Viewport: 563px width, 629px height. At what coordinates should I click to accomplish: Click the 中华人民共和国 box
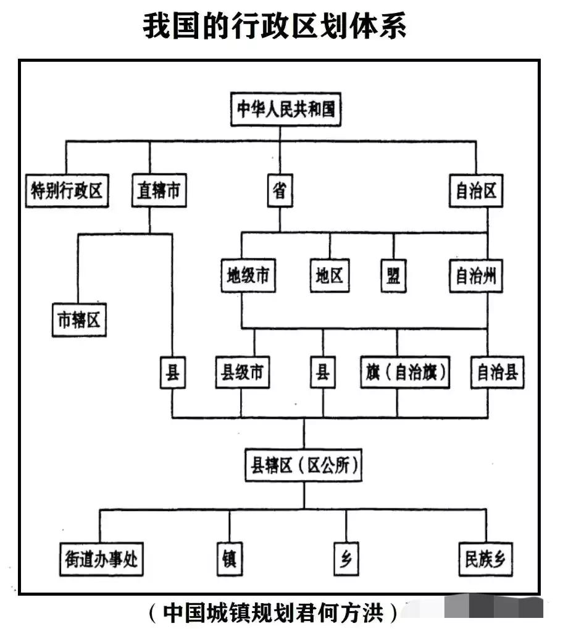pos(286,110)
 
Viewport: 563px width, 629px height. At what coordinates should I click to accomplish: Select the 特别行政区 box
pos(67,191)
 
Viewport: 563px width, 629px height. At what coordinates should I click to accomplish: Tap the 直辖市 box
pos(159,191)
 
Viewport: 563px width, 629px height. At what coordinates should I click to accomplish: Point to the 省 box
pos(280,191)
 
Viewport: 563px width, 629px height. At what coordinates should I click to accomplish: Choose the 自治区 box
pos(476,191)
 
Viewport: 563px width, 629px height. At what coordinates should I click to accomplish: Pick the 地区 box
pos(329,276)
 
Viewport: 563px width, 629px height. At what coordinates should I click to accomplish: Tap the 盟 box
pos(393,276)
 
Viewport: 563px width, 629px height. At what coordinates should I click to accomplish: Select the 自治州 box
pos(476,276)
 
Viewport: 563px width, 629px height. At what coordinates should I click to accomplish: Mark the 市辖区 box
pos(79,321)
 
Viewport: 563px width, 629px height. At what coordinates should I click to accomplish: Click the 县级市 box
pos(242,373)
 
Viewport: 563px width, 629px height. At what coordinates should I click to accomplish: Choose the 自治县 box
pos(498,373)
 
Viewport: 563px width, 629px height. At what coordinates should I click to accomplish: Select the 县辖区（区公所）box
pos(303,466)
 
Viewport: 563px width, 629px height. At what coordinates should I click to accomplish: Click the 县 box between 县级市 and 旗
pos(323,373)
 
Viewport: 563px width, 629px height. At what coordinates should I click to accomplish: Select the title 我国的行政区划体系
pos(275,26)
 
